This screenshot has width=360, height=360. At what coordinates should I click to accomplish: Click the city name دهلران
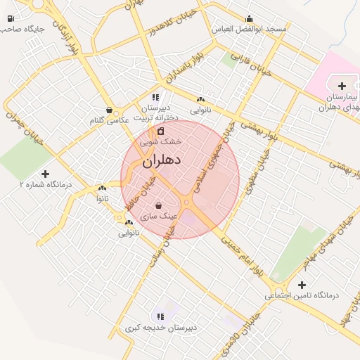pyautogui.click(x=162, y=161)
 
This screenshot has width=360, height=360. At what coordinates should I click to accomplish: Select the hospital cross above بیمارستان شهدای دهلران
pyautogui.click(x=342, y=86)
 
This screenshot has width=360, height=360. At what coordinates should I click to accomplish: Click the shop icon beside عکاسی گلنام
pyautogui.click(x=109, y=110)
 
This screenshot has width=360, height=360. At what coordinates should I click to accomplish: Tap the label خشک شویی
pyautogui.click(x=161, y=141)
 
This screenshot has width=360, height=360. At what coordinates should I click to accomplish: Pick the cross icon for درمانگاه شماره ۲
pyautogui.click(x=46, y=173)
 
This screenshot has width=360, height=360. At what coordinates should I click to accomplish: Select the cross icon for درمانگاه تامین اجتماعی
pyautogui.click(x=302, y=285)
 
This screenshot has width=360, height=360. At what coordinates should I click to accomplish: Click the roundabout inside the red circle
pyautogui.click(x=188, y=203)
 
